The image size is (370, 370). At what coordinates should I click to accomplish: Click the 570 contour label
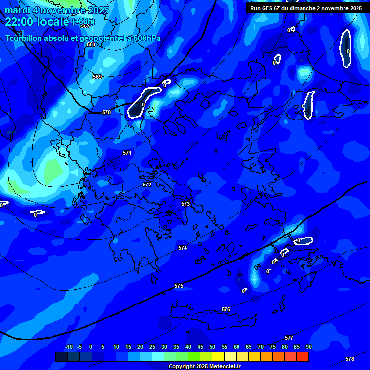(x=106, y=112)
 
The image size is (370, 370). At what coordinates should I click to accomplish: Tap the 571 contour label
(x=127, y=153)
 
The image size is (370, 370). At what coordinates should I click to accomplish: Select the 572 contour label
(x=147, y=185)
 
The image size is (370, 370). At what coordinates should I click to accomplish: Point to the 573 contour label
(x=185, y=204)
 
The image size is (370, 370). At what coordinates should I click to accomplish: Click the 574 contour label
(x=183, y=248)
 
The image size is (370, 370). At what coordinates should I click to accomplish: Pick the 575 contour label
(x=179, y=286)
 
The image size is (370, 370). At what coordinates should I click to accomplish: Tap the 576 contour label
(x=226, y=309)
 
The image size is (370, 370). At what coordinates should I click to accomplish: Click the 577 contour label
(x=289, y=338)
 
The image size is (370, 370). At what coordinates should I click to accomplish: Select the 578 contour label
(x=350, y=359)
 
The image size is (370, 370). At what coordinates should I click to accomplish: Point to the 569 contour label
(x=97, y=77)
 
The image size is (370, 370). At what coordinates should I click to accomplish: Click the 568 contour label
(x=91, y=44)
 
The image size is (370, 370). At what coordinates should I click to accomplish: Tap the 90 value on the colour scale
(x=308, y=347)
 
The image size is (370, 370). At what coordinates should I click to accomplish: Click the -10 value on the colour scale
(x=69, y=347)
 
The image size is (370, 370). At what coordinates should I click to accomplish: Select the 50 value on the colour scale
(x=212, y=347)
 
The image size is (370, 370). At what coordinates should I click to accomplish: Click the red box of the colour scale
(x=302, y=357)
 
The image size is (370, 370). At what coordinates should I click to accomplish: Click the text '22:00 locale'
(x=38, y=22)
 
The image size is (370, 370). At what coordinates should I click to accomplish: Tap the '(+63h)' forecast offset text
(x=83, y=22)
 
